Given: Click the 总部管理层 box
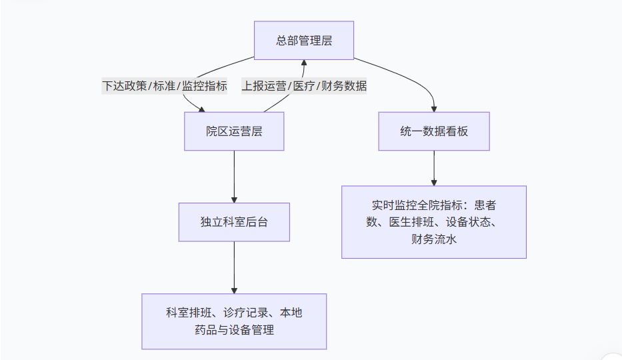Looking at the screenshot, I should coord(304,40).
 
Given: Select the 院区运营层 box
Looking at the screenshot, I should coord(234,131).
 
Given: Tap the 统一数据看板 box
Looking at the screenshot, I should coord(434,131).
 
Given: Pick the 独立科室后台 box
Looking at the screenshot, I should coord(234,222).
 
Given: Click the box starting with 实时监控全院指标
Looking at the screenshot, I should coord(434,222).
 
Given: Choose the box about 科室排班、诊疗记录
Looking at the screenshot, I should coord(234,321).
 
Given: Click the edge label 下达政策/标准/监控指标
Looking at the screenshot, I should coord(165,86).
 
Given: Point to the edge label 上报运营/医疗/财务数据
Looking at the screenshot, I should coord(304,86).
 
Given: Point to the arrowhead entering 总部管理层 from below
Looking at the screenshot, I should coord(304,63).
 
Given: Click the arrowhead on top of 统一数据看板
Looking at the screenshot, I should coord(434,108).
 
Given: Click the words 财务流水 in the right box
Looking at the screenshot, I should coord(434,239).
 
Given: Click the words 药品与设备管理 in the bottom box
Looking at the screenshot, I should coord(234,330).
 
